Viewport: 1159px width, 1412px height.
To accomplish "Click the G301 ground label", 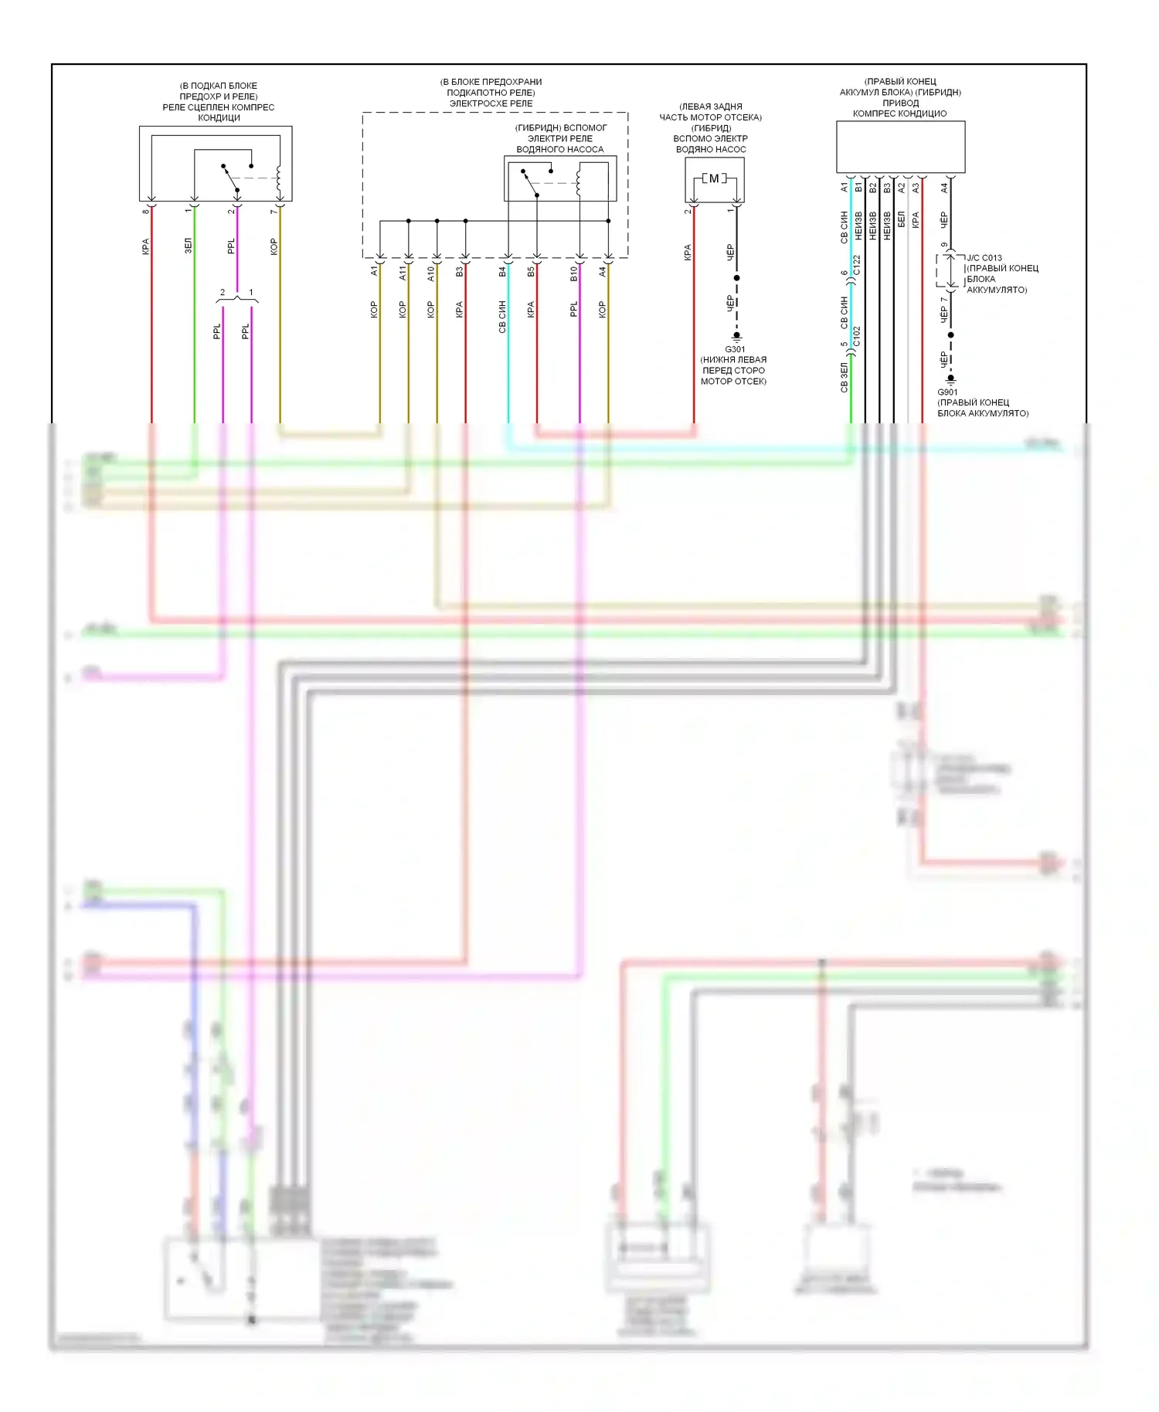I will [x=735, y=349].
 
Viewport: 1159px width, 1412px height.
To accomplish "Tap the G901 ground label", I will [x=947, y=392].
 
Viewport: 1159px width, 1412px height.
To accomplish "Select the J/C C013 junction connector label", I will [x=984, y=258].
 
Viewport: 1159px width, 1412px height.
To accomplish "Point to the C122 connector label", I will [x=857, y=266].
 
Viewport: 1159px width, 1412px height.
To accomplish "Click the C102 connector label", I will [x=857, y=336].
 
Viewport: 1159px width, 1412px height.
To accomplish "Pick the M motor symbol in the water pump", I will [x=714, y=178].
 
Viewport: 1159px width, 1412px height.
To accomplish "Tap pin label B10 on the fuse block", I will [x=574, y=273].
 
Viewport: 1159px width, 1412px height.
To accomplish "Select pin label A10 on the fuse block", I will [x=431, y=272].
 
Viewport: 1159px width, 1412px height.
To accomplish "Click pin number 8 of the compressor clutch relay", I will [x=145, y=212].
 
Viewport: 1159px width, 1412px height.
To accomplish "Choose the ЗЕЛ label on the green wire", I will [x=188, y=246].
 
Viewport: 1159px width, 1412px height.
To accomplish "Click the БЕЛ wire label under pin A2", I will [x=901, y=219].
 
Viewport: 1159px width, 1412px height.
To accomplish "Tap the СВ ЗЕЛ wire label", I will [x=844, y=378].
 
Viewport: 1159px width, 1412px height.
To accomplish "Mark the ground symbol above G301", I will [x=736, y=337].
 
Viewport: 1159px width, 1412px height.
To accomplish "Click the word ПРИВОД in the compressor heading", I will [x=900, y=103].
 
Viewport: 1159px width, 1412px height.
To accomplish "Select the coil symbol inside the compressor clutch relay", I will [x=278, y=179].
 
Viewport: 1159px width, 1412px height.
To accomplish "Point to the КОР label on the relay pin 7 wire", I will [x=274, y=246].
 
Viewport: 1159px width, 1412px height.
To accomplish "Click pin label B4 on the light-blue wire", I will [x=502, y=271].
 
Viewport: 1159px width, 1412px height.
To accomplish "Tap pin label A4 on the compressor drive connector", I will [x=944, y=187].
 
